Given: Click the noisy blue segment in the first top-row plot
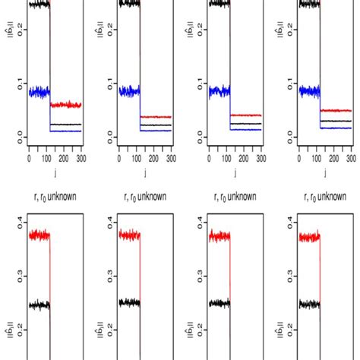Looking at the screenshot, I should coord(39,92).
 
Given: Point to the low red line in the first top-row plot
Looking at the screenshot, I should coord(65,105).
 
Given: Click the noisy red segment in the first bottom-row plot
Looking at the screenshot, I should coord(39,235).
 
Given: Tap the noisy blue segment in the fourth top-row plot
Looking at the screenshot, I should coord(309,91).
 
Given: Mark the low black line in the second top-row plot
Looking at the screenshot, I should coord(156,124).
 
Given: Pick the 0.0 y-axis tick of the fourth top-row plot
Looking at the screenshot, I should coord(286,136).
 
